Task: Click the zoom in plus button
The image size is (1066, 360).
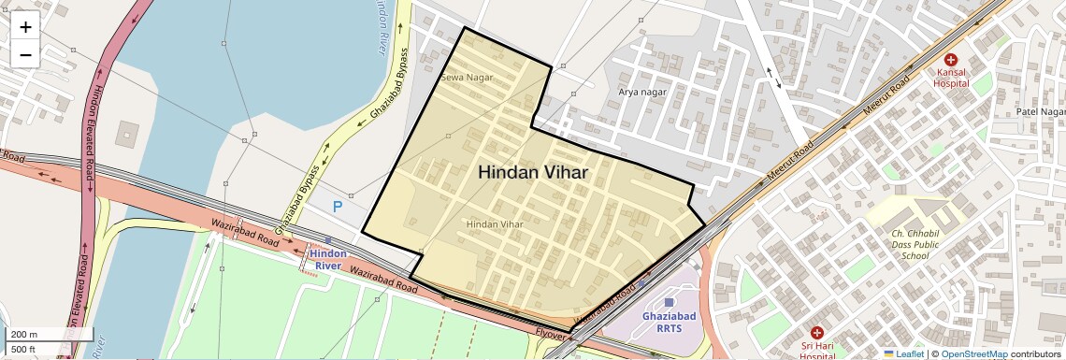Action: (25, 27)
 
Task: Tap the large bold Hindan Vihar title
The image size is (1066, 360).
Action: (533, 173)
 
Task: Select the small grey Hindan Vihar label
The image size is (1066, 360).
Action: (495, 224)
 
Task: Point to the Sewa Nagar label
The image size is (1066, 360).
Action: (466, 78)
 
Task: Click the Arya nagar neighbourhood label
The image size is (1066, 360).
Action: (642, 92)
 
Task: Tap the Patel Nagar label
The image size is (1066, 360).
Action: (1041, 111)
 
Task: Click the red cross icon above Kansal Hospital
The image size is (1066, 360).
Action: (951, 59)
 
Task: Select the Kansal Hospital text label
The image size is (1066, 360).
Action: (951, 77)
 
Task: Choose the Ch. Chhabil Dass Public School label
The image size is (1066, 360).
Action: (897, 243)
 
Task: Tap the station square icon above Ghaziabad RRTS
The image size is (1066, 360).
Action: (668, 302)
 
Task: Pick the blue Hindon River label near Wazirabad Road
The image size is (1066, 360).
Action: (327, 259)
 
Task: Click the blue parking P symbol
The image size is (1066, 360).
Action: (338, 207)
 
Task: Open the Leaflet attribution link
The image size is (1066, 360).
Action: (903, 353)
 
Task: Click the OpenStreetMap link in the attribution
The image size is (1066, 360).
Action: (973, 353)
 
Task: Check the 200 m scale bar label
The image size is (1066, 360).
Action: (24, 334)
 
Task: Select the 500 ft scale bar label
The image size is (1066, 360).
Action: (22, 350)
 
